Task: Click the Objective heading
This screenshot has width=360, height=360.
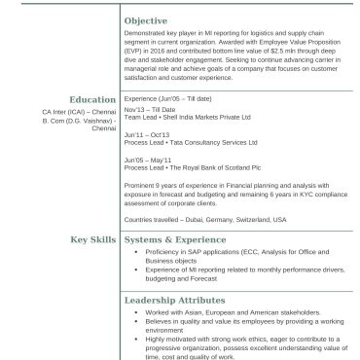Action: (x=146, y=20)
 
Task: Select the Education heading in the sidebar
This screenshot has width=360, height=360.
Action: (x=93, y=99)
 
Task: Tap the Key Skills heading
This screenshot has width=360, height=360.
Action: (x=92, y=238)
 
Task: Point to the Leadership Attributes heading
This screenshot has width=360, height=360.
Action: (x=174, y=300)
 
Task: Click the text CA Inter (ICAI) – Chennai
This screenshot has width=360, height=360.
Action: (x=79, y=112)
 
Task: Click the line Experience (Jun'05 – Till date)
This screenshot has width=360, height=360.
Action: (x=173, y=99)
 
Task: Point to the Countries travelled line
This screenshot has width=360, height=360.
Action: (x=205, y=220)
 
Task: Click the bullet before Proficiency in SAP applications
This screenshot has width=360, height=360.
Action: (x=135, y=253)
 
